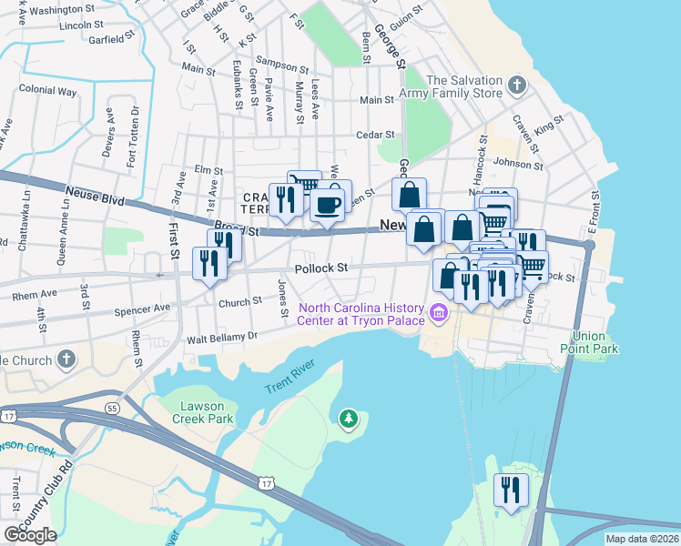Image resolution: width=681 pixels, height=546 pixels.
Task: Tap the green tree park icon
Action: click(x=348, y=419)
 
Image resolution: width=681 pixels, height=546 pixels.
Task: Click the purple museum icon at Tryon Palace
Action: click(x=439, y=314)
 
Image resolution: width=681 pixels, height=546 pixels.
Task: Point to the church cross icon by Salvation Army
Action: click(x=516, y=86)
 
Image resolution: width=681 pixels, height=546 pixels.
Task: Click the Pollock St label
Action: click(x=321, y=268)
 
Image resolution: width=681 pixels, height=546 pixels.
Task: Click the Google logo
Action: click(x=30, y=535)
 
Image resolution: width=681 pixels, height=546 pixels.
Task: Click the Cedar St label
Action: click(x=374, y=135)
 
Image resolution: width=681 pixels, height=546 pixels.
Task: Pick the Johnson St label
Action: click(x=518, y=165)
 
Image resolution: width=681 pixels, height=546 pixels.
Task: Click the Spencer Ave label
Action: click(x=142, y=308)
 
